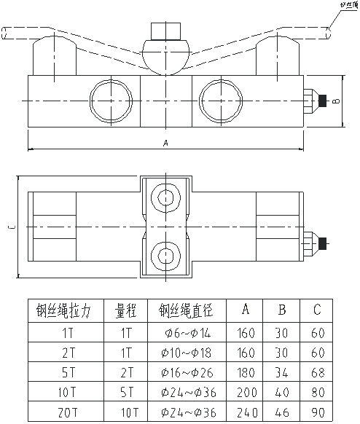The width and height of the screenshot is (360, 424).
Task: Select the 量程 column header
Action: (x=126, y=311)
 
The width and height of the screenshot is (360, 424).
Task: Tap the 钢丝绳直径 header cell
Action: (x=187, y=311)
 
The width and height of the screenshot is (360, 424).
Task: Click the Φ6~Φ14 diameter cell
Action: (x=187, y=333)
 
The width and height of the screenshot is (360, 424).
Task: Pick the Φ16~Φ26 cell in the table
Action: (x=187, y=372)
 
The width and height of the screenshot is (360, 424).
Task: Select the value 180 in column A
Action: (x=247, y=372)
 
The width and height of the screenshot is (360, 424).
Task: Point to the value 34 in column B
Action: (x=282, y=372)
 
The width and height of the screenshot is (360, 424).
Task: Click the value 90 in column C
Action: (x=316, y=412)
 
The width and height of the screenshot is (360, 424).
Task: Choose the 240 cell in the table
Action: (x=247, y=412)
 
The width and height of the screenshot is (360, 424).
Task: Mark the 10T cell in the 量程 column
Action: (x=126, y=412)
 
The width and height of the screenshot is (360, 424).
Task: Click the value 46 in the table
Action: (x=282, y=412)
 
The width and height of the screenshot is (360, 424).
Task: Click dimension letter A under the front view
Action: (x=166, y=144)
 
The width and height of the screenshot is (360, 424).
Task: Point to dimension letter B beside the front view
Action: (x=334, y=101)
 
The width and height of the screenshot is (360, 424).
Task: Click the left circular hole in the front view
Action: (x=106, y=98)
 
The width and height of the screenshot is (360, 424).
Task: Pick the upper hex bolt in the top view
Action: (x=167, y=199)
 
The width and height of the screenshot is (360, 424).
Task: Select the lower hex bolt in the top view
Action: (x=167, y=255)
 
